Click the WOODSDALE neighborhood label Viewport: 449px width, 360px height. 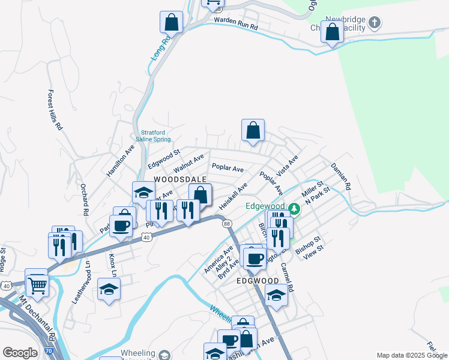click(181, 179)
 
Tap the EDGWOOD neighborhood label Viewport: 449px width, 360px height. click(258, 280)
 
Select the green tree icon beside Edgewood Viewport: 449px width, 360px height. click(294, 209)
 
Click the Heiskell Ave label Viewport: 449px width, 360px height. click(234, 196)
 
